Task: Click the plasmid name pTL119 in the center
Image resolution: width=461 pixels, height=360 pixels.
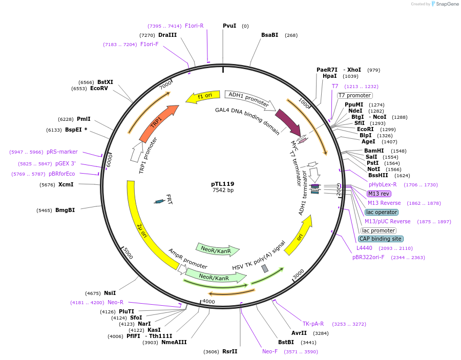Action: [x=223, y=183]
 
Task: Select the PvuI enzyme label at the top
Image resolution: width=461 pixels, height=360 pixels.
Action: [x=229, y=26]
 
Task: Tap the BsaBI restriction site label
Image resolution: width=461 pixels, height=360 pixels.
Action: [x=269, y=35]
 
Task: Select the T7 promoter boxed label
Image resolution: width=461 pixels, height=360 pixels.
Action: [x=354, y=95]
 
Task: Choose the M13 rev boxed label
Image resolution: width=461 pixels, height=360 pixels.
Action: [x=379, y=194]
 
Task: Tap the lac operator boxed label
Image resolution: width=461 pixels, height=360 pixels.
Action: [x=381, y=212]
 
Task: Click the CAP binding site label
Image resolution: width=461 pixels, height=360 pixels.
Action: [x=381, y=239]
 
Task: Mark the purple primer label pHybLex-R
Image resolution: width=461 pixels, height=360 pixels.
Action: [x=383, y=184]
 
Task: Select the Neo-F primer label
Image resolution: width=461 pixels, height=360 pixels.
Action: [x=270, y=351]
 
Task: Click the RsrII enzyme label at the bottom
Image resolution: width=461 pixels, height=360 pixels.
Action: [x=230, y=351]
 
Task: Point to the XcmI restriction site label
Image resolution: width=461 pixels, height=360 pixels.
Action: [x=66, y=184]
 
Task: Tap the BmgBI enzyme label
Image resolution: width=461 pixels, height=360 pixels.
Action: [x=65, y=210]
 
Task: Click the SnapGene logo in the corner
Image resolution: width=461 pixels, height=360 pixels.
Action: [x=445, y=4]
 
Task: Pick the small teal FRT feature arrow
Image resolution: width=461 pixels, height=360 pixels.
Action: [x=160, y=201]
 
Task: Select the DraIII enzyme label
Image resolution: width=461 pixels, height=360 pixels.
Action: [x=167, y=35]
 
